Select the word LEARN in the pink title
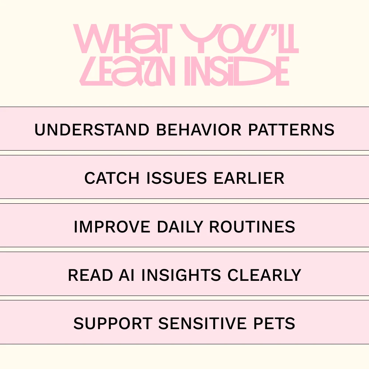[127, 71]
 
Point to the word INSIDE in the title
[237, 71]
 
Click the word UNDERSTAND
[92, 130]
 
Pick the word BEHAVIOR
[199, 130]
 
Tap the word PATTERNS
[292, 130]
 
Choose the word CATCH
[112, 178]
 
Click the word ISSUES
[176, 178]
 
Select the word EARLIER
[249, 178]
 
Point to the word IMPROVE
[112, 227]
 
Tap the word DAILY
[180, 227]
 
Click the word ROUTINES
[252, 227]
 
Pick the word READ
[90, 275]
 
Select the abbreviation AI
[127, 275]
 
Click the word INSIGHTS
[181, 275]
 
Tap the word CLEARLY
[264, 275]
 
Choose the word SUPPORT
[113, 323]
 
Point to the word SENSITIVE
[202, 323]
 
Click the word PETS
[274, 323]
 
